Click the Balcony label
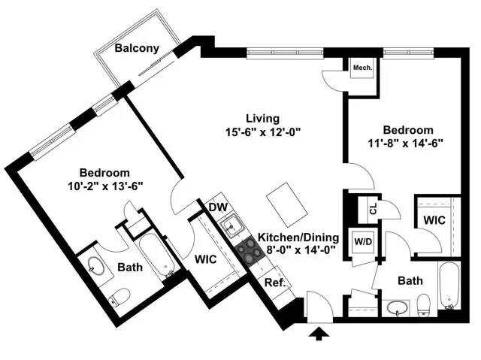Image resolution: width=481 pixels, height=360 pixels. [x=137, y=49]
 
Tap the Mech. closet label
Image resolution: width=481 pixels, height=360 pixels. [x=362, y=68]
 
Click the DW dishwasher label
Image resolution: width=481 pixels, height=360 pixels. [x=218, y=207]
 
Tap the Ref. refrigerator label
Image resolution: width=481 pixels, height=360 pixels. [x=273, y=283]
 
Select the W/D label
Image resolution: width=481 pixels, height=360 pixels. [x=364, y=242]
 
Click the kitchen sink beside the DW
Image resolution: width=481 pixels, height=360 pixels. [x=231, y=223]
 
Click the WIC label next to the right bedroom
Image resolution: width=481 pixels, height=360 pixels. [x=434, y=221]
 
